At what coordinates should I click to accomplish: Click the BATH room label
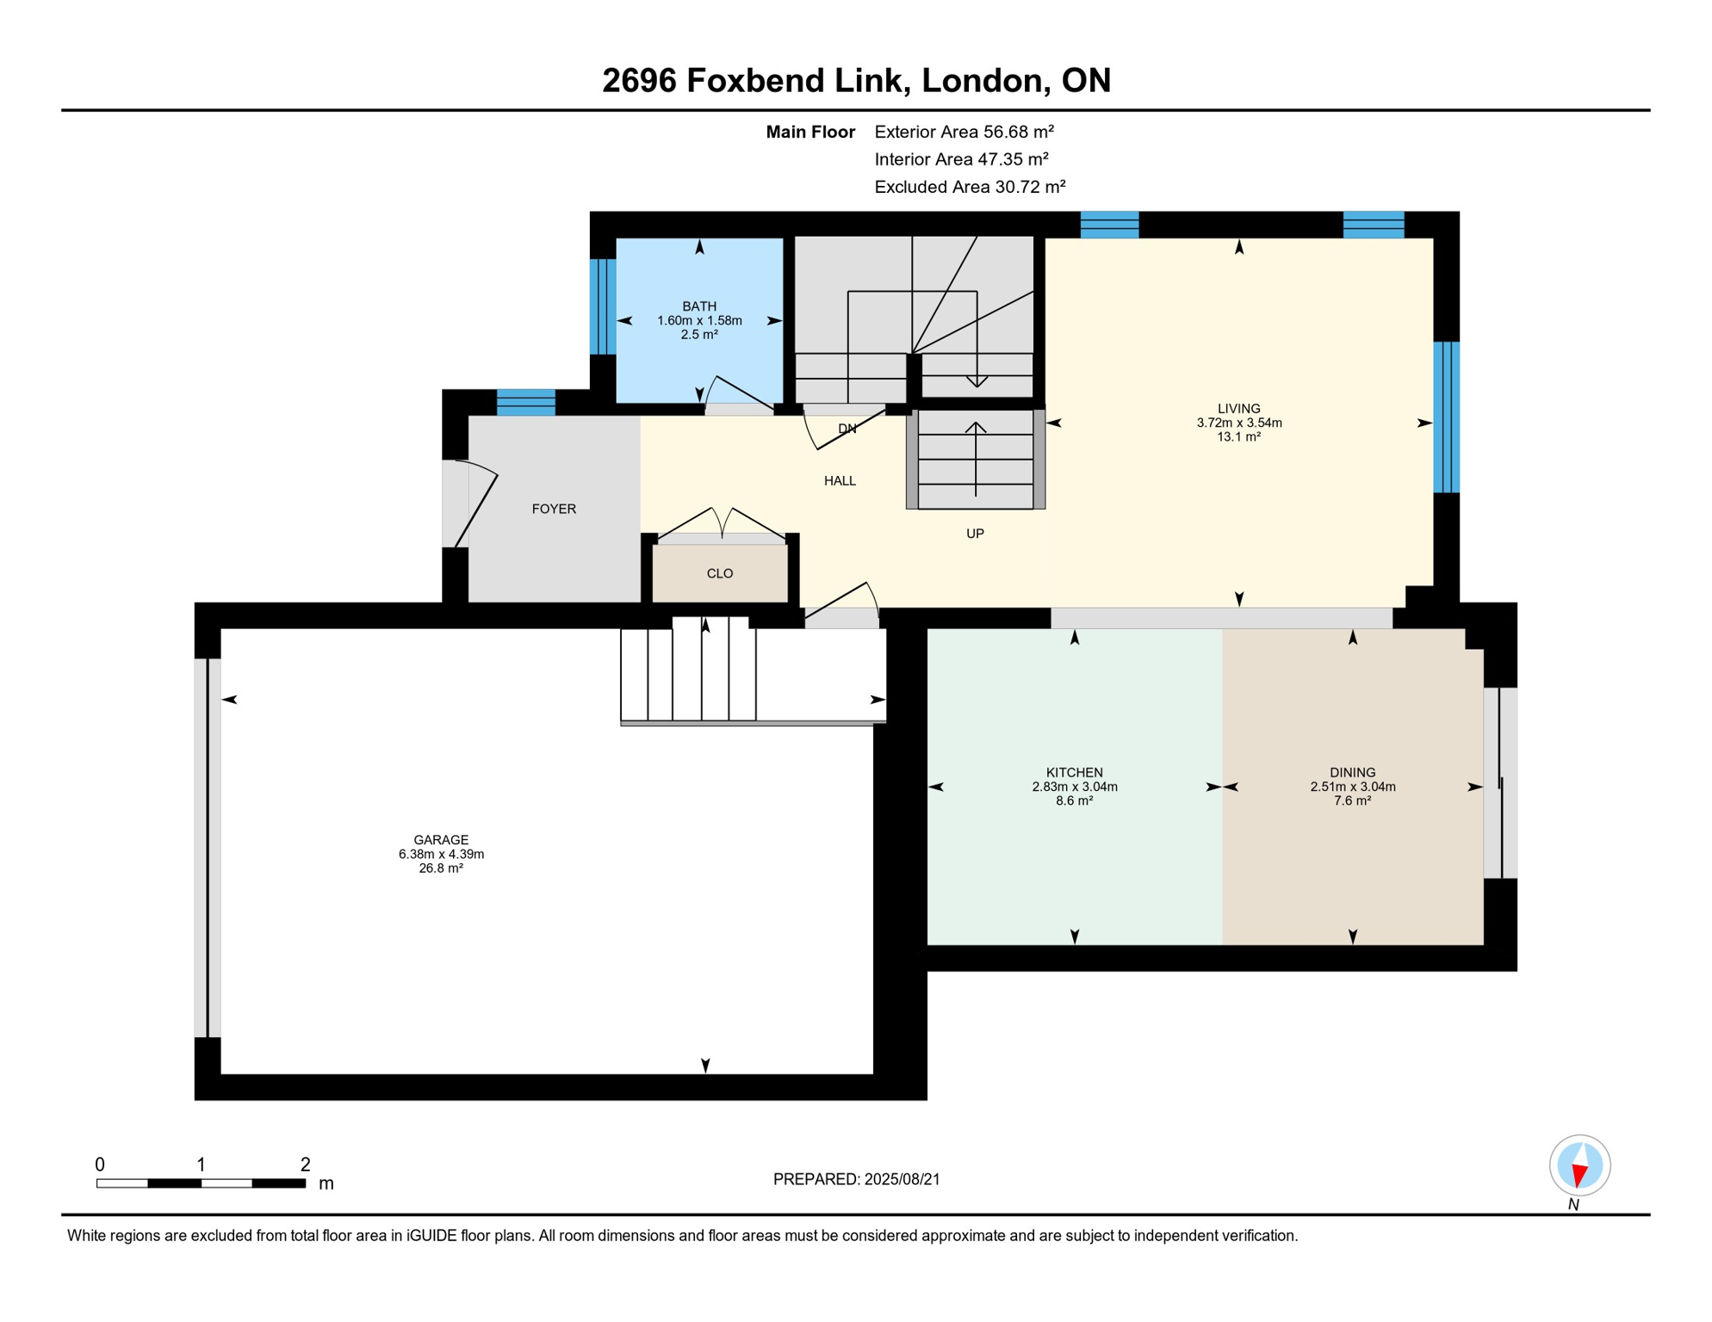point(699,306)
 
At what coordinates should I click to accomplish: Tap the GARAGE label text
point(441,840)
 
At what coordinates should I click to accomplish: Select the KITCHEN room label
point(1075,773)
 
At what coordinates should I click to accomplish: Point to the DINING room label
point(1353,773)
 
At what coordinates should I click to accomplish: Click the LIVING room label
point(1239,409)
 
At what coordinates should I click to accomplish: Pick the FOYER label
point(554,510)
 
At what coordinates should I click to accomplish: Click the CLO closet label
point(720,574)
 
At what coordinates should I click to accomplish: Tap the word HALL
point(840,481)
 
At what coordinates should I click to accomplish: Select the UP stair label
point(975,534)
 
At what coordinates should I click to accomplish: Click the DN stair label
point(847,429)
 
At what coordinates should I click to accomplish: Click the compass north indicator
point(1579,1166)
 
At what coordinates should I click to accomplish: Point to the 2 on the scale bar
point(305,1164)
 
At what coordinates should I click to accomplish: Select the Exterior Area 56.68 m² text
point(965,132)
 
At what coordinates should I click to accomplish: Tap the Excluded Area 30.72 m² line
point(971,187)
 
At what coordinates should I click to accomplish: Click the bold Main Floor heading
point(810,132)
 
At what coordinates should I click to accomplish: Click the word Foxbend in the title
point(754,80)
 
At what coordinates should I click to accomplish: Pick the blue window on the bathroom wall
point(603,306)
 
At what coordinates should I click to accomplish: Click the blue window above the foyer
point(526,403)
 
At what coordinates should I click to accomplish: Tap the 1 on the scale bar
point(201,1164)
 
